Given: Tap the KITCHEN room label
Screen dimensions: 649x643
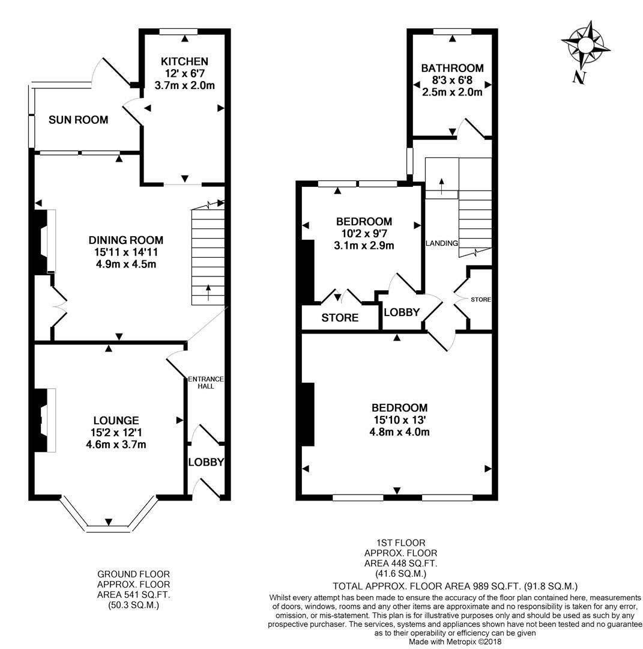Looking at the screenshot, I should [185, 61].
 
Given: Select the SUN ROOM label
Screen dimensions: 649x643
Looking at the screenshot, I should [79, 120].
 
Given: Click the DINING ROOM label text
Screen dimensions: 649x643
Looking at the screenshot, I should [126, 240].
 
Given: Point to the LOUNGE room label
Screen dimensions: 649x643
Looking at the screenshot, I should [116, 421].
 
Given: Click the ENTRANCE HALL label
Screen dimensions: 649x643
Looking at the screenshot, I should [205, 382].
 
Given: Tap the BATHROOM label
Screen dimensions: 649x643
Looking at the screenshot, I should [451, 69].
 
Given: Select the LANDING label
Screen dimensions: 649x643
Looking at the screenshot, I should [442, 243].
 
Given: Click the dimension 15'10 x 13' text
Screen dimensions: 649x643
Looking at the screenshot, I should [399, 419].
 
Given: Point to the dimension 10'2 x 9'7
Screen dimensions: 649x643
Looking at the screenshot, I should [364, 234].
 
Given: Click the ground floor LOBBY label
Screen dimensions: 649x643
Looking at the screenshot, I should [206, 462].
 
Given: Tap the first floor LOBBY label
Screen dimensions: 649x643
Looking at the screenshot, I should [402, 312].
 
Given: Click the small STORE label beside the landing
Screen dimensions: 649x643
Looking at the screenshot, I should [481, 299].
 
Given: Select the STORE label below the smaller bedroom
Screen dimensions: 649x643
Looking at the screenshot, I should [340, 318].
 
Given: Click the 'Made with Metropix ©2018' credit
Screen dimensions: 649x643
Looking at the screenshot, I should [454, 642].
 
